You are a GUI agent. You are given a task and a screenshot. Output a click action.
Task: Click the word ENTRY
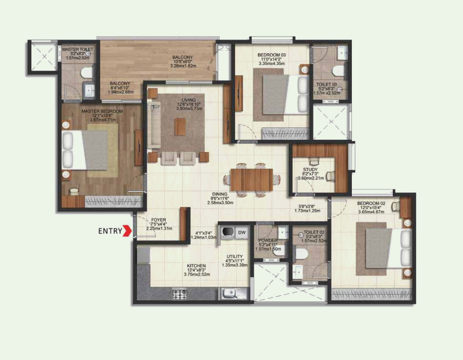click(110, 231)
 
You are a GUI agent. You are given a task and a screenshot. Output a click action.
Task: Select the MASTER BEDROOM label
click(102, 111)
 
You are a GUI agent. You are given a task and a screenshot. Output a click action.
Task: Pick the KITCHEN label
click(196, 266)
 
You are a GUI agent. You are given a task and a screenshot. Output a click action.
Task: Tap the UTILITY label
click(235, 256)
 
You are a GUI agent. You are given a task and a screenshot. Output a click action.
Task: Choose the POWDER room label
click(268, 241)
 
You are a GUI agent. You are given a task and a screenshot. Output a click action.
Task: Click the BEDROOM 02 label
click(371, 204)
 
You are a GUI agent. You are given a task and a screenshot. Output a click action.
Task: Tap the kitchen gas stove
click(179, 294)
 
